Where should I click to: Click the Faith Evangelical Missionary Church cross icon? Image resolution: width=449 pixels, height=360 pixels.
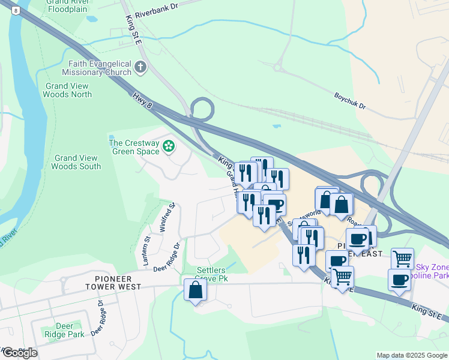point(140,67)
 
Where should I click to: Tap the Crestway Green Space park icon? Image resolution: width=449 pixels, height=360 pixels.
point(169,145)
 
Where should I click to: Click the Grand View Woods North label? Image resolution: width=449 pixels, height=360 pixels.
point(68,90)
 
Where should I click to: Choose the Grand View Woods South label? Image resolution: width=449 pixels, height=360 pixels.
point(76,162)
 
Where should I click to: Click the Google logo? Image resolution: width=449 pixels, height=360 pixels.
point(20,353)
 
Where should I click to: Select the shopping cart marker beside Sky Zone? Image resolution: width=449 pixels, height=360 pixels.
point(402,259)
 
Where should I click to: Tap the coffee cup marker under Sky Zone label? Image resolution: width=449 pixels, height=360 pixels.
point(399,280)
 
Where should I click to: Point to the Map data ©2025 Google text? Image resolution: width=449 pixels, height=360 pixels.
point(412,355)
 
